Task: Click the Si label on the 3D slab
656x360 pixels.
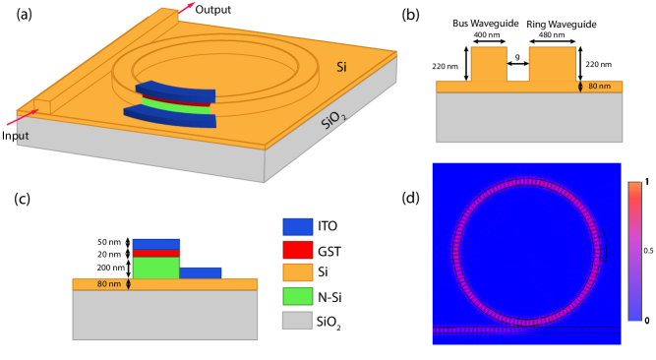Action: coord(341,67)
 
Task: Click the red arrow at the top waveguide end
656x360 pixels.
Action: coord(185,8)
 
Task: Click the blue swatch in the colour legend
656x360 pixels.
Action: coord(297,227)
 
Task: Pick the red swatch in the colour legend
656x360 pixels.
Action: coord(297,250)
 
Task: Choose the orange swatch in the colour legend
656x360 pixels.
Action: coord(297,272)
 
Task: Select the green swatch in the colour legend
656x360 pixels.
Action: coord(297,296)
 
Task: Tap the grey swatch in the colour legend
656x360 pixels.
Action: coord(297,320)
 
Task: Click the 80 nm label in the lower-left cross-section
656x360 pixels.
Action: coord(109,284)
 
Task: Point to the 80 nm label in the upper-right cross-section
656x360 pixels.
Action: coord(598,87)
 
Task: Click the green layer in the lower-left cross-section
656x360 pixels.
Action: coord(155,268)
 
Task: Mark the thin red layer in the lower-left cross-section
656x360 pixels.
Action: coord(155,253)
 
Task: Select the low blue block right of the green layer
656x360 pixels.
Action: coord(201,272)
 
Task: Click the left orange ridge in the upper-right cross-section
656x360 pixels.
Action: coord(489,64)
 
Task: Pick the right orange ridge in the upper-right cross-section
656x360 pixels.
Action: coord(552,64)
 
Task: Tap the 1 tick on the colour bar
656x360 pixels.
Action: coord(646,183)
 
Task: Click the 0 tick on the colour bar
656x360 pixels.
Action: coord(646,320)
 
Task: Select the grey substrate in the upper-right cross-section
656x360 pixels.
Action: coord(529,117)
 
